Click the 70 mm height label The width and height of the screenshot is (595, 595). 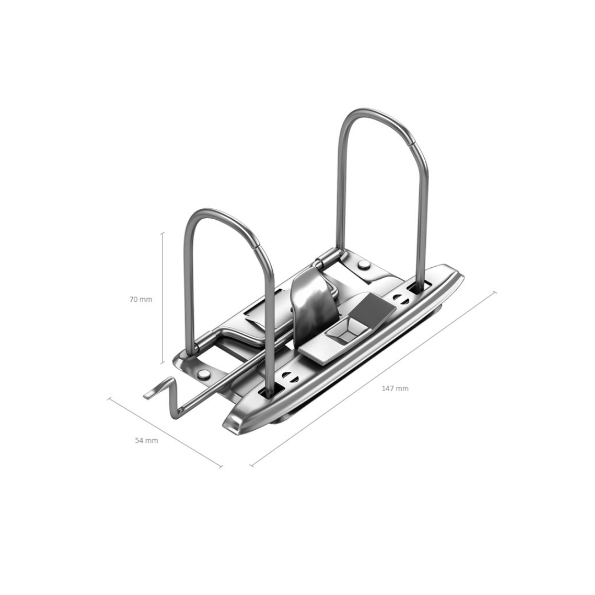click(141, 299)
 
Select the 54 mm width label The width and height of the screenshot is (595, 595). click(147, 441)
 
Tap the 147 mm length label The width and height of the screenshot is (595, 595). click(395, 388)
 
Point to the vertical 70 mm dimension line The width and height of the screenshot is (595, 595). click(163, 298)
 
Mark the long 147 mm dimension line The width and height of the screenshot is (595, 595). click(374, 378)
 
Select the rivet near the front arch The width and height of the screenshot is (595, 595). click(204, 375)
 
